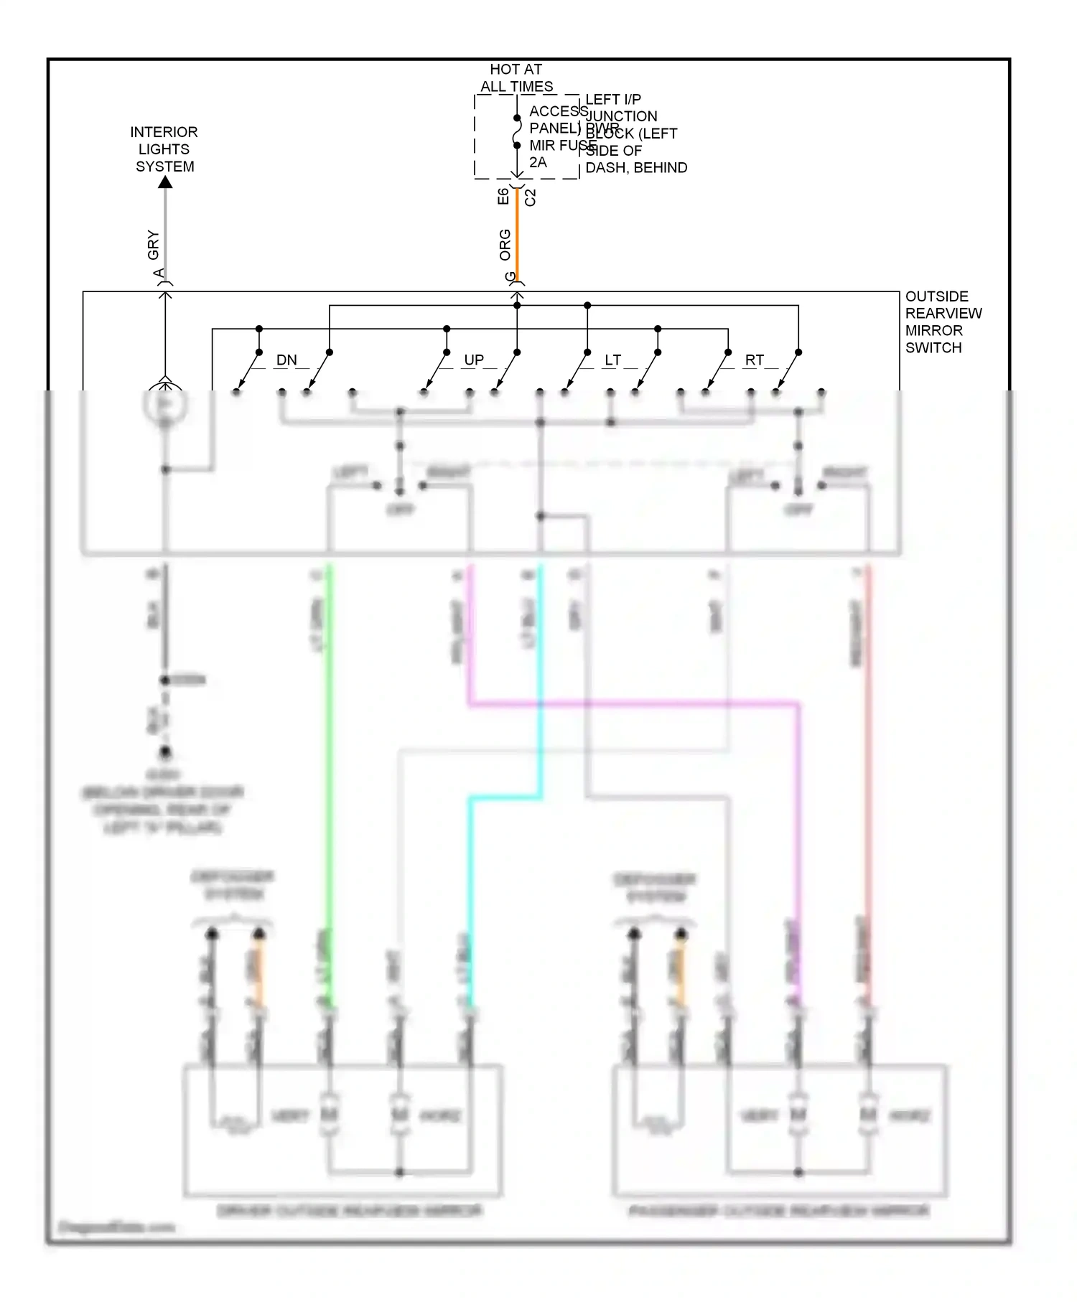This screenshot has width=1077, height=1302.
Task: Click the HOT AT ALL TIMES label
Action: click(516, 78)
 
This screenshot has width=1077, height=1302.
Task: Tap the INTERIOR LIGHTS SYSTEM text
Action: click(164, 149)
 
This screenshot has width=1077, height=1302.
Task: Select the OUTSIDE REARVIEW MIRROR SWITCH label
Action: click(942, 322)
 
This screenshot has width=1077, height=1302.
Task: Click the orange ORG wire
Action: click(517, 237)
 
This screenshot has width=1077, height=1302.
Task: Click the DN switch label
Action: click(286, 360)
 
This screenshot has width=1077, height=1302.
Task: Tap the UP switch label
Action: click(474, 360)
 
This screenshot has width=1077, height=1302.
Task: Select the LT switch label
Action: click(612, 360)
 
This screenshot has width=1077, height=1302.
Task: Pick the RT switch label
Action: click(754, 360)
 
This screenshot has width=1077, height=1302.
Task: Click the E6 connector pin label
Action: click(503, 196)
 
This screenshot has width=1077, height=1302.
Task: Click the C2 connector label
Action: click(531, 197)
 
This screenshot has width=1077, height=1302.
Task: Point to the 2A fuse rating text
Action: click(538, 162)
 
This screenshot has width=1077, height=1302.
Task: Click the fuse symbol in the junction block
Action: click(517, 132)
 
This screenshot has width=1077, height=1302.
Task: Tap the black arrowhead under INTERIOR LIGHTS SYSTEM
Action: click(165, 182)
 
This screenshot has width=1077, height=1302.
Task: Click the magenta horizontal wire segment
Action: click(632, 704)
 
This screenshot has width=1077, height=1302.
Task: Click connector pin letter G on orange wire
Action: click(510, 276)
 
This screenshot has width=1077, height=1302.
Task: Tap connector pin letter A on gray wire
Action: click(159, 273)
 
